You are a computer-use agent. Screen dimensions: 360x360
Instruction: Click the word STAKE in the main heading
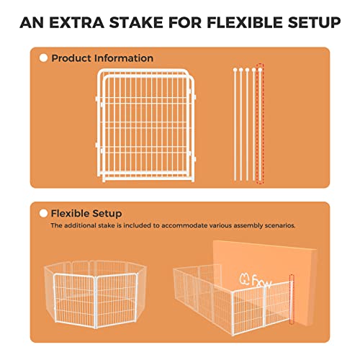coord(137,22)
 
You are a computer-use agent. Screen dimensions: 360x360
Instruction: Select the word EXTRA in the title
coord(77,22)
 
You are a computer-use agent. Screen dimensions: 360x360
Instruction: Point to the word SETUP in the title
coord(314,22)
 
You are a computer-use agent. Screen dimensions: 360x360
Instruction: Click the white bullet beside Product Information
coord(43,58)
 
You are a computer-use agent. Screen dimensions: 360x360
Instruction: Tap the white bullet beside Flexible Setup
coord(43,213)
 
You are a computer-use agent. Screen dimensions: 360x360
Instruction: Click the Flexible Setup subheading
coord(86,213)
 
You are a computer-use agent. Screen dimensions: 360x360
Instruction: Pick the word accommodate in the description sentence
coord(184,225)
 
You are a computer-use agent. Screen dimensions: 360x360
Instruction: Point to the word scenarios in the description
coord(280,225)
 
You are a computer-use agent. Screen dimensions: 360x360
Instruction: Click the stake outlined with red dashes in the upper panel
coord(260,125)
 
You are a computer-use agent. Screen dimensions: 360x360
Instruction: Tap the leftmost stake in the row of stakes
coord(235,125)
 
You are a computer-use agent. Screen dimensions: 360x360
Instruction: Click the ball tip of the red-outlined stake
coord(260,70)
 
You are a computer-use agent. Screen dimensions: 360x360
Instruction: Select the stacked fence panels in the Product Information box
coord(146,125)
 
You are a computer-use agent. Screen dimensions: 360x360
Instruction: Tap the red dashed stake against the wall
coord(292,300)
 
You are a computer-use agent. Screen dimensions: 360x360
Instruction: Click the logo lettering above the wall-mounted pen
coord(255,280)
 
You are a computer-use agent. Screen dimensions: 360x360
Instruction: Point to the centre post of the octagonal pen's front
coord(96,302)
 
